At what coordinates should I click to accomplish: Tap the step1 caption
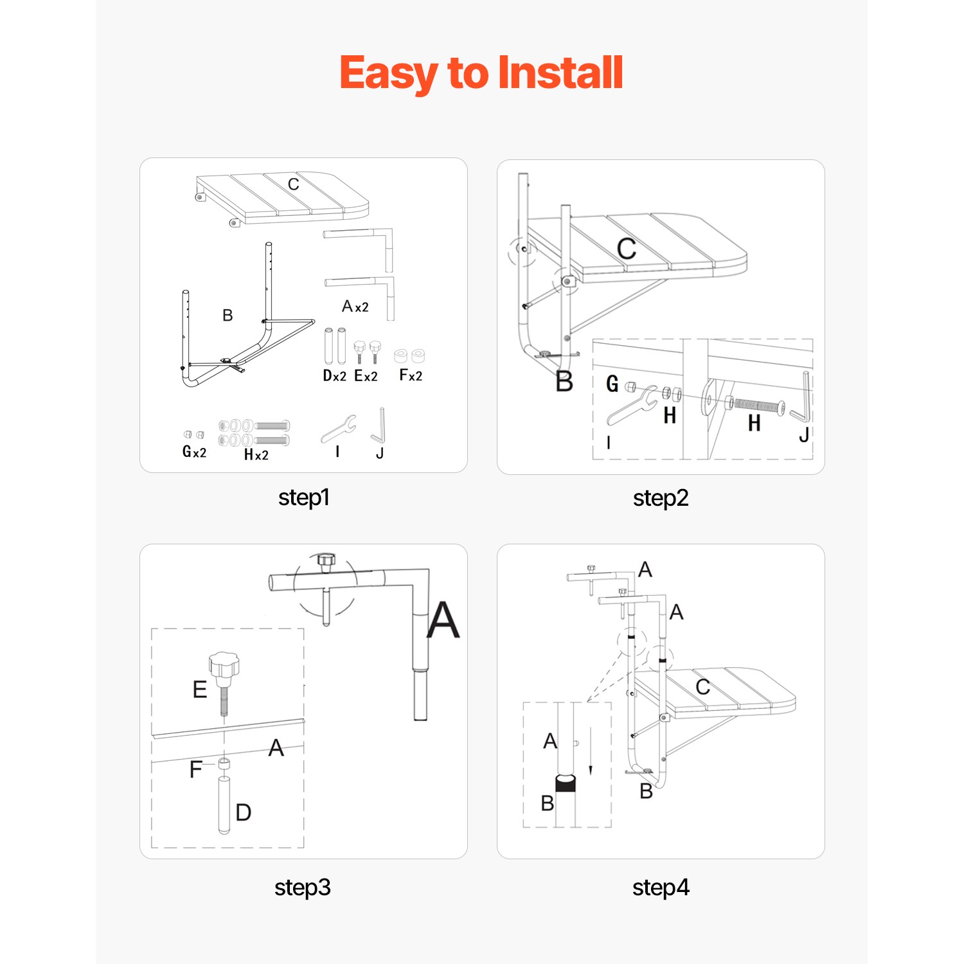pyautogui.click(x=304, y=497)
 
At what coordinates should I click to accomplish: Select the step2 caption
pyautogui.click(x=661, y=498)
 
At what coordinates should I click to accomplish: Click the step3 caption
pyautogui.click(x=303, y=888)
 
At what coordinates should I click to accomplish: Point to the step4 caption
pyautogui.click(x=661, y=888)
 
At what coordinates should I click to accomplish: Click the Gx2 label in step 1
pyautogui.click(x=195, y=452)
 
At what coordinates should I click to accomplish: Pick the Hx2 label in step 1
pyautogui.click(x=256, y=454)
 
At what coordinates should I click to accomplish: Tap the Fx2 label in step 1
pyautogui.click(x=411, y=375)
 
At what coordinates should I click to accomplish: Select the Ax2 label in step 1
pyautogui.click(x=355, y=307)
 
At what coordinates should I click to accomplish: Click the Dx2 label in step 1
pyautogui.click(x=335, y=376)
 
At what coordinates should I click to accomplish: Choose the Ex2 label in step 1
pyautogui.click(x=366, y=376)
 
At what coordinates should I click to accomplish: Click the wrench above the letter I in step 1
pyautogui.click(x=339, y=429)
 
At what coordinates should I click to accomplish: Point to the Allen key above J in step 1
pyautogui.click(x=379, y=425)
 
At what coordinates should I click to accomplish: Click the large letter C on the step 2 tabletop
pyautogui.click(x=627, y=249)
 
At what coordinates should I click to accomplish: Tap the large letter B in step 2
pyautogui.click(x=564, y=381)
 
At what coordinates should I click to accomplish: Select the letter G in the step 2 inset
pyautogui.click(x=612, y=384)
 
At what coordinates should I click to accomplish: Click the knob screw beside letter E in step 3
pyautogui.click(x=224, y=684)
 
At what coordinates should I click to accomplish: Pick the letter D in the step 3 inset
pyautogui.click(x=244, y=812)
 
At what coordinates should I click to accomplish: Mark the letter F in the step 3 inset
pyautogui.click(x=196, y=769)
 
